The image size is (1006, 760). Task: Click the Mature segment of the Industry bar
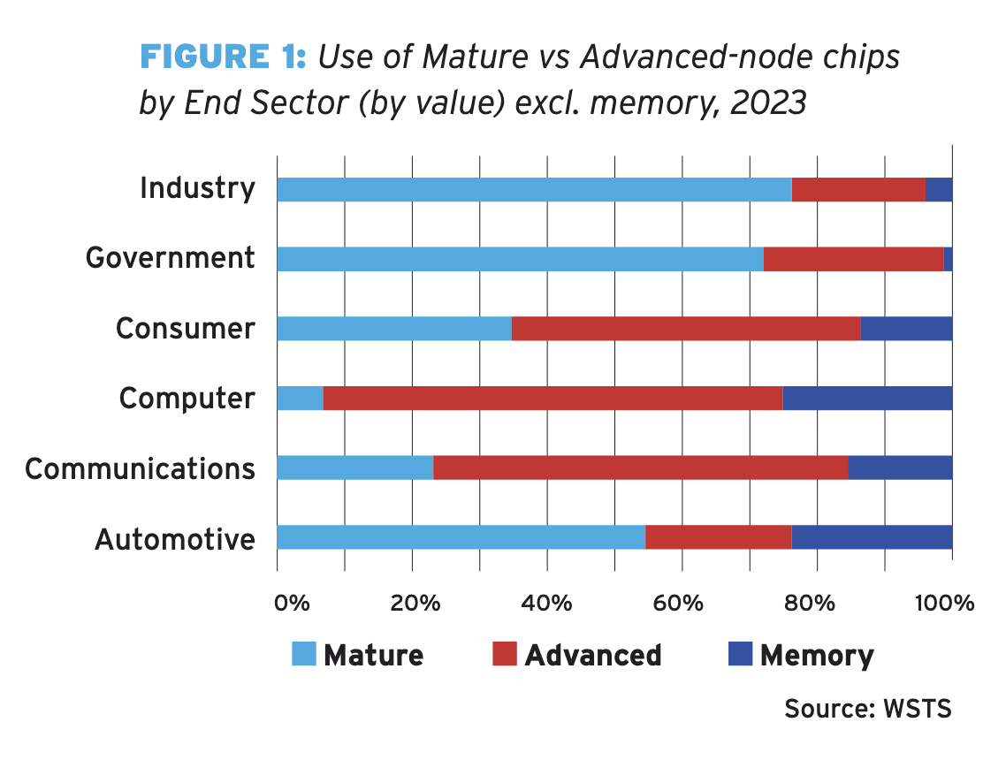tap(534, 189)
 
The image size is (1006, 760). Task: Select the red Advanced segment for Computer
tap(553, 399)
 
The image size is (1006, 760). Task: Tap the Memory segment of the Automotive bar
tap(872, 537)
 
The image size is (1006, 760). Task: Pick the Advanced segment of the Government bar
tap(853, 259)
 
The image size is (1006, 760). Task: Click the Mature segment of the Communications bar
tap(354, 468)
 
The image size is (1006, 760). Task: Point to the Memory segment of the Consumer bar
tap(906, 329)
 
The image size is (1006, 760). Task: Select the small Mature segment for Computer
tap(300, 399)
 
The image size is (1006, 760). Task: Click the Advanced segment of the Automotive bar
tap(718, 537)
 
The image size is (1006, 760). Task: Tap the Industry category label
tap(197, 188)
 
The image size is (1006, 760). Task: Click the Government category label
tap(170, 258)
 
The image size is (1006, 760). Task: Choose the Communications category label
tap(140, 468)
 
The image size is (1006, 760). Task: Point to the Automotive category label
tap(175, 538)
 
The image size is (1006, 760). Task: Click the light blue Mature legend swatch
tap(303, 655)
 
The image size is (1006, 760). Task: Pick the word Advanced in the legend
tap(592, 655)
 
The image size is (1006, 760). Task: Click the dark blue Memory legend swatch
tap(739, 655)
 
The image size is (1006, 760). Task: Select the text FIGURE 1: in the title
tap(223, 57)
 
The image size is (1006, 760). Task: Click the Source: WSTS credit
tap(867, 709)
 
